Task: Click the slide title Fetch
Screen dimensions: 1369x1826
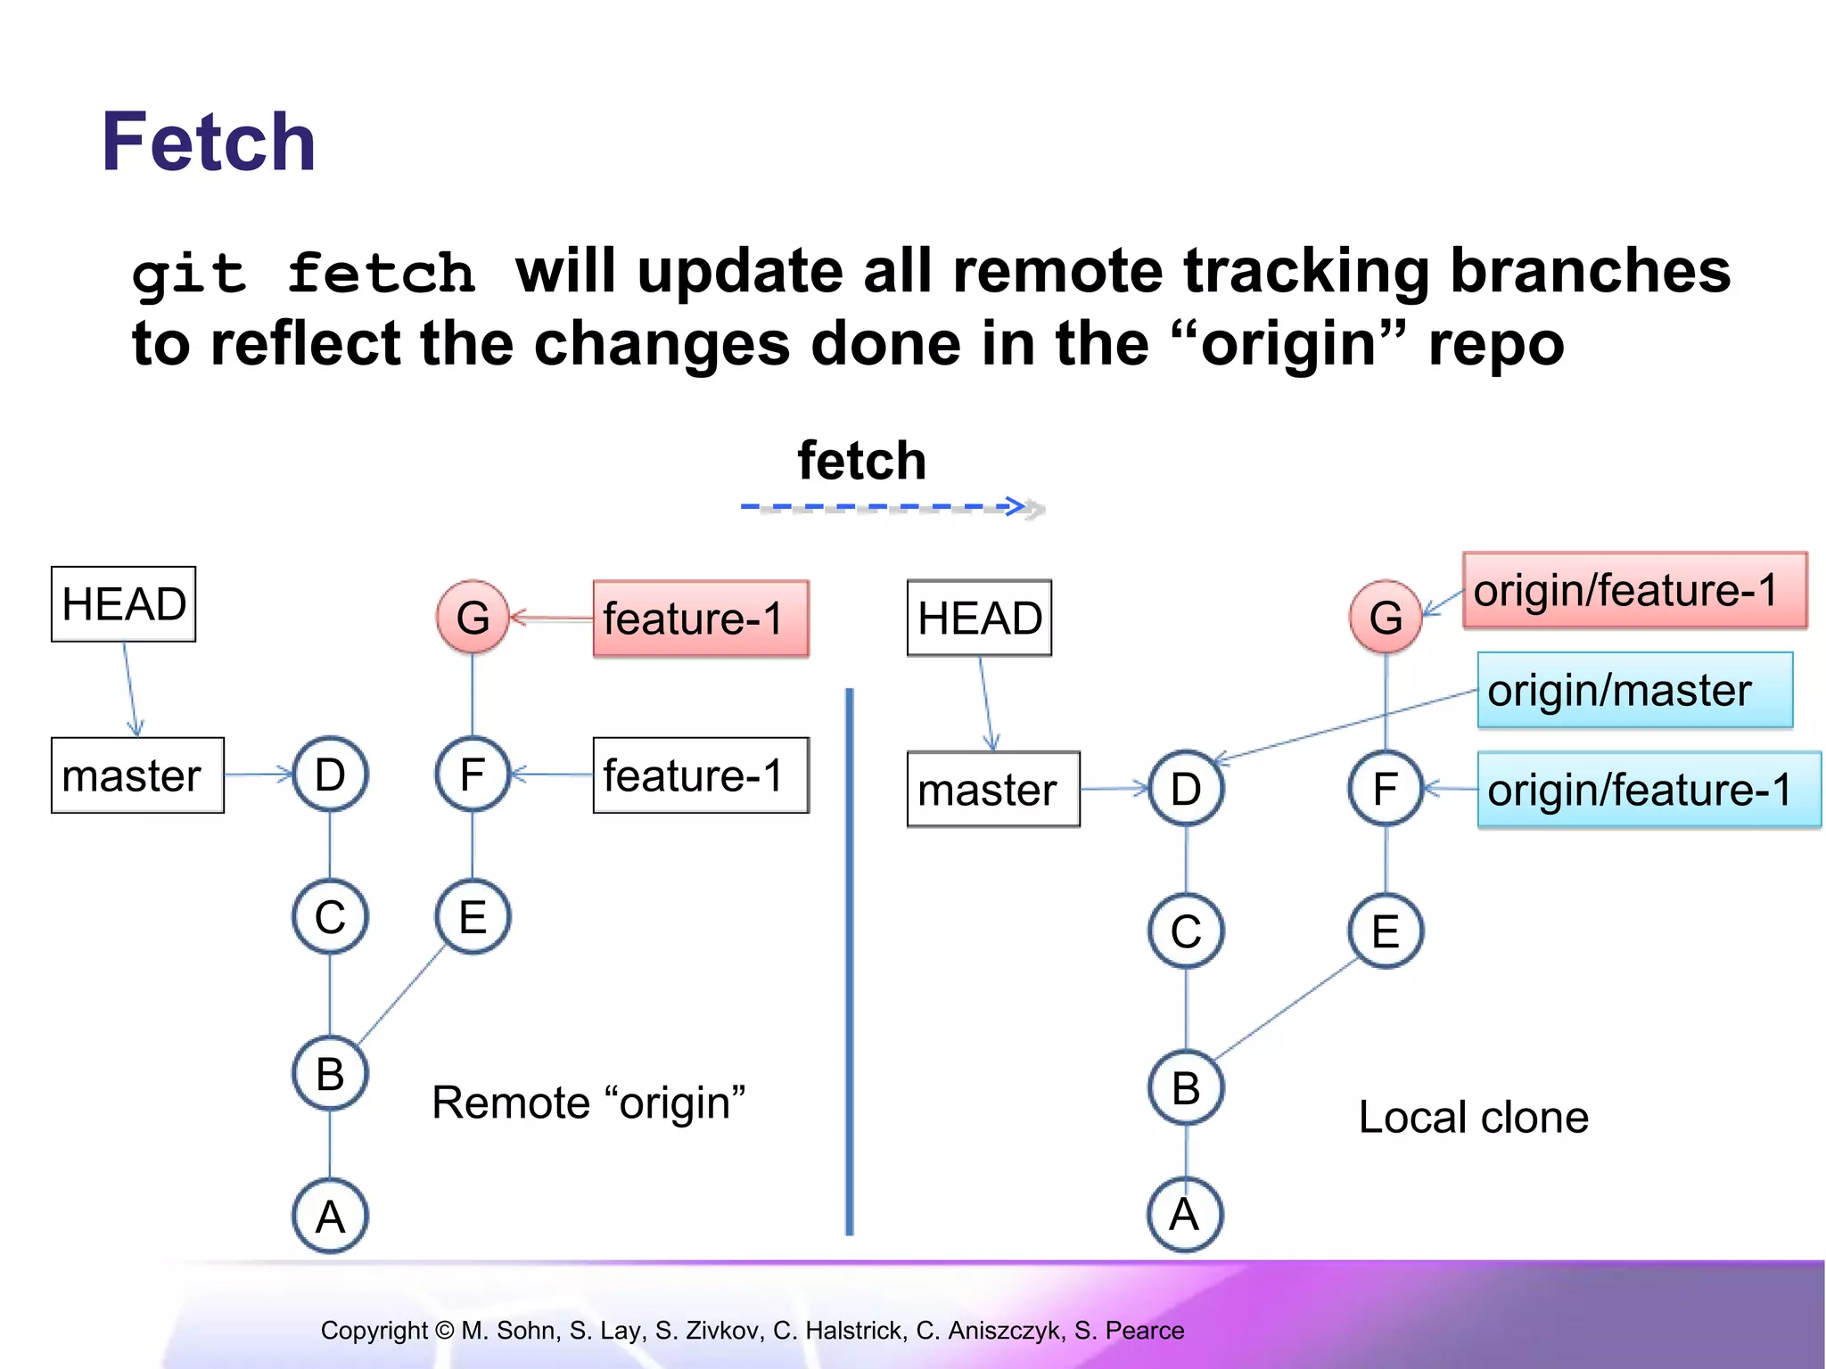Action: (209, 143)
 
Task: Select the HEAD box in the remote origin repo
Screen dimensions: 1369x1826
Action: (123, 604)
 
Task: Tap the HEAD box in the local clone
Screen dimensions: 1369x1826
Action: (979, 619)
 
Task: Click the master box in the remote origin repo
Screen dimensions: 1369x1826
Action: (137, 775)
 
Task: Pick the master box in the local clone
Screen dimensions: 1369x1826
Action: (992, 790)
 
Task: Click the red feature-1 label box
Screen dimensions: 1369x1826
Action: (701, 619)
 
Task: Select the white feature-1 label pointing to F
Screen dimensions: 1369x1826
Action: (701, 775)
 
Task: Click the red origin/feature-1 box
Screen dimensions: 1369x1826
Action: (1634, 590)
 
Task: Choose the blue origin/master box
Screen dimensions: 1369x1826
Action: (1634, 691)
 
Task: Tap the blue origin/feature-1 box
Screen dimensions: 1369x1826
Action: (1648, 791)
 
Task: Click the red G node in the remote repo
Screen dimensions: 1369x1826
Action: (473, 617)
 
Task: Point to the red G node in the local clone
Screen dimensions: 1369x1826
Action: (1386, 617)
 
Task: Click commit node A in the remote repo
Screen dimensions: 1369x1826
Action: (330, 1216)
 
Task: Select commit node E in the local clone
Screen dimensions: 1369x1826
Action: (1386, 931)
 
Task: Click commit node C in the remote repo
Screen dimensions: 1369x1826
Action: (330, 916)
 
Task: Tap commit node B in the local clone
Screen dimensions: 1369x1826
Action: (1186, 1087)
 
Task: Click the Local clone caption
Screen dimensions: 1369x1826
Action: (1473, 1118)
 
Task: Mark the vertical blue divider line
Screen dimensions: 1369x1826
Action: (849, 963)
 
